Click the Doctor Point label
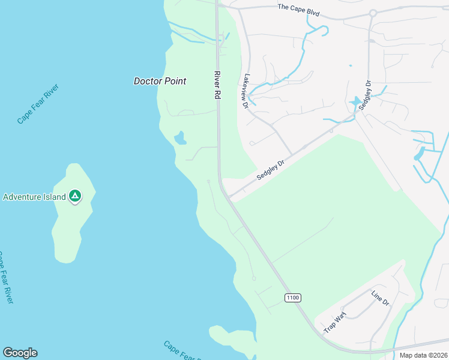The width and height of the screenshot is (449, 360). point(160,81)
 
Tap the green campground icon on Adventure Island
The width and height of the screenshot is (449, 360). point(75,196)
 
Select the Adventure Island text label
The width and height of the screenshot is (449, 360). point(34,197)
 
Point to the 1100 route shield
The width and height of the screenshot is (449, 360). point(292,298)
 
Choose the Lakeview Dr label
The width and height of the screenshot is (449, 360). point(245,91)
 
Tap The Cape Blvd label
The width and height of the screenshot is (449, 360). point(298,10)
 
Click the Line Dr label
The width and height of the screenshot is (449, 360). point(380,298)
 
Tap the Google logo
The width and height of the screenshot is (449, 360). point(20,353)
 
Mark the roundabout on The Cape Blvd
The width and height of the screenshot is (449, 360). point(372,13)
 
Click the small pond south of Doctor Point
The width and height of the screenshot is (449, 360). point(179,139)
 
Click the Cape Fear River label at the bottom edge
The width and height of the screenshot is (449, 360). point(182,352)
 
